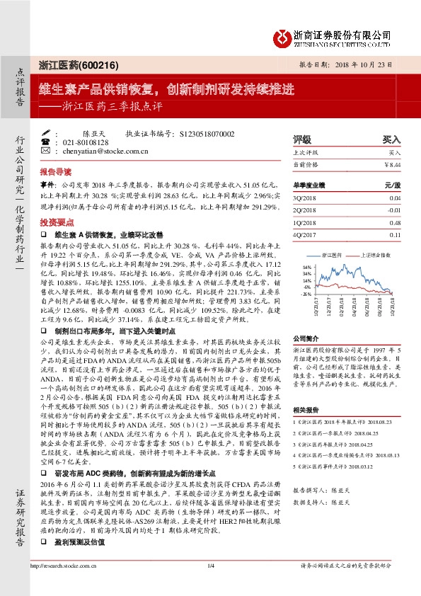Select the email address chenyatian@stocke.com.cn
pyautogui.click(x=105, y=151)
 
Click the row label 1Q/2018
pyautogui.click(x=306, y=223)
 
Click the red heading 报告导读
pyautogui.click(x=56, y=172)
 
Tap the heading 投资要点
pyautogui.click(x=56, y=220)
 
